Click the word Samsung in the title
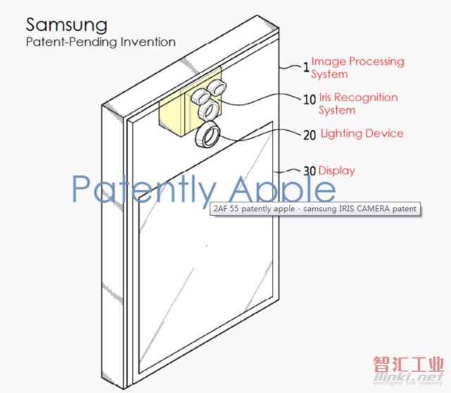click(x=67, y=26)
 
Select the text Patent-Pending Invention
click(x=101, y=42)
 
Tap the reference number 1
click(x=307, y=67)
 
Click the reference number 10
click(x=310, y=100)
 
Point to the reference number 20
click(x=310, y=135)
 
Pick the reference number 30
click(x=310, y=172)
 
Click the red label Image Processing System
click(x=357, y=67)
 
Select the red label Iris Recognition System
click(x=358, y=103)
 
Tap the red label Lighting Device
click(x=362, y=134)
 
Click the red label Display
click(x=337, y=171)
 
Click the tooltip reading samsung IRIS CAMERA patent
click(x=316, y=209)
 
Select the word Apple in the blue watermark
click(x=283, y=188)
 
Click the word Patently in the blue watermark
click(x=144, y=189)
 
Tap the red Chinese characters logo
click(x=409, y=364)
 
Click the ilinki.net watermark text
click(x=409, y=377)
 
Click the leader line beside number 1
click(x=290, y=67)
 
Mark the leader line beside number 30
click(x=288, y=172)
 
